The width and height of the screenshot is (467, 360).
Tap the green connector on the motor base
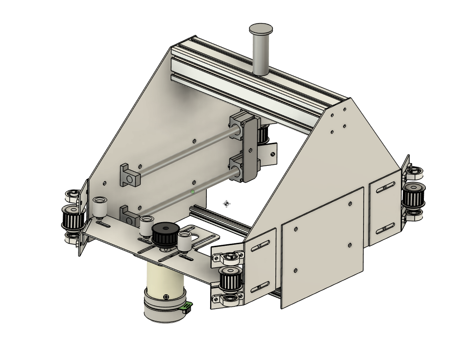pyautogui.click(x=186, y=308)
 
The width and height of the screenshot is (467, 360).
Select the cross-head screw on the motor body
pyautogui.click(x=167, y=296)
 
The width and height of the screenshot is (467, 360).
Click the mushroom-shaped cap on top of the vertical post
pyautogui.click(x=261, y=29)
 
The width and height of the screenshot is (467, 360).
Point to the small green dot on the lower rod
pyautogui.click(x=193, y=192)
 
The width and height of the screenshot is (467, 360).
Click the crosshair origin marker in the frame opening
pyautogui.click(x=226, y=204)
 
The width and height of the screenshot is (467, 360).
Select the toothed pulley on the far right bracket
pyautogui.click(x=413, y=195)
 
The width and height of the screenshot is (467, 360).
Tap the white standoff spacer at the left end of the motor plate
pyautogui.click(x=100, y=207)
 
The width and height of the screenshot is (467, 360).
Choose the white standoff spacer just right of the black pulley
pyautogui.click(x=184, y=242)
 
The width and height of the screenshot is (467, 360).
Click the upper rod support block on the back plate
pyautogui.click(x=129, y=175)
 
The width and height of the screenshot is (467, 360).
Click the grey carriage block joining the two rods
pyautogui.click(x=248, y=147)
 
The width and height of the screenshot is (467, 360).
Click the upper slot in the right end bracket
pyautogui.click(x=387, y=186)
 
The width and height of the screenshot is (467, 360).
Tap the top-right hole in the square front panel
pyautogui.click(x=350, y=204)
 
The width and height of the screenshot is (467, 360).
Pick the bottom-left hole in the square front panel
pyautogui.click(x=295, y=270)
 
